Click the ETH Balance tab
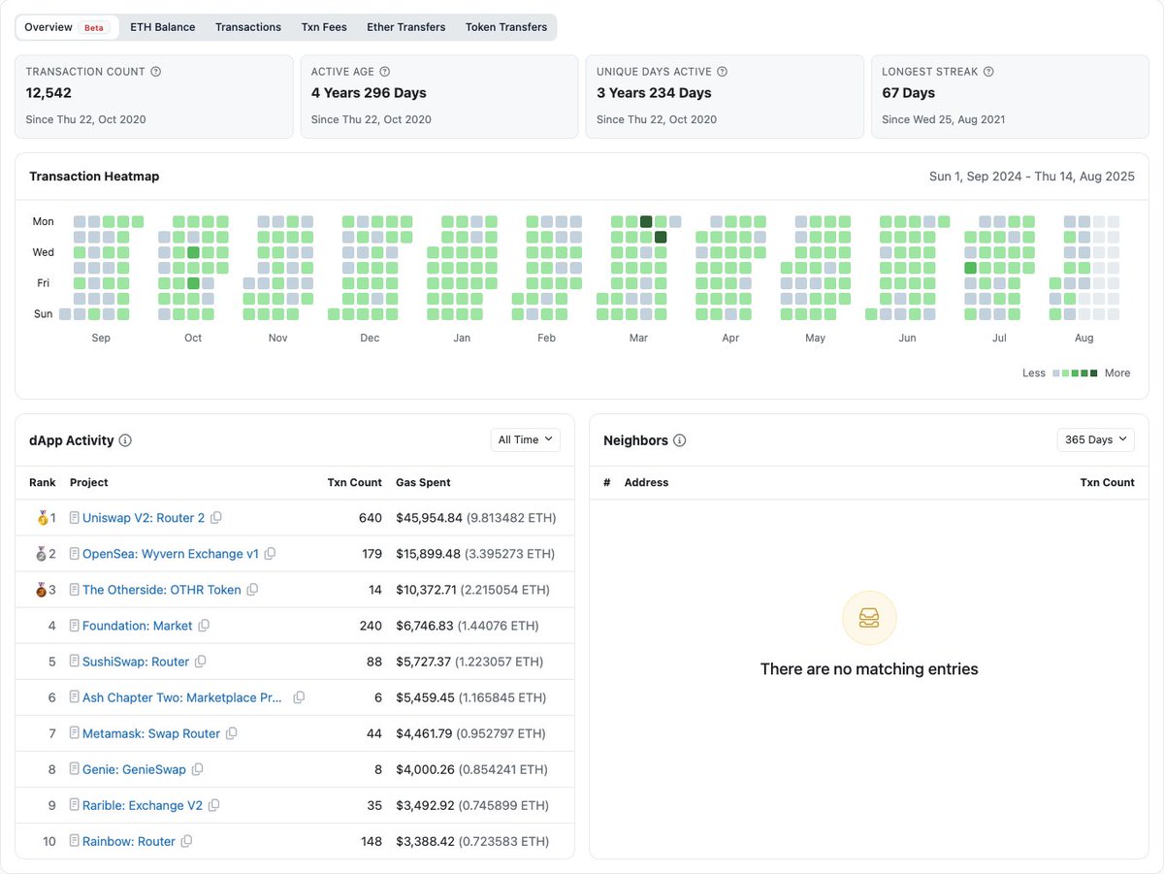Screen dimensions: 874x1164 coord(162,27)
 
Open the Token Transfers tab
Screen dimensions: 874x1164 coord(506,27)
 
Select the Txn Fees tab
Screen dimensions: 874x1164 coord(323,27)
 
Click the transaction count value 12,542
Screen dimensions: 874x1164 coord(48,93)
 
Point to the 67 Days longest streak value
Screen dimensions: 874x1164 coord(908,93)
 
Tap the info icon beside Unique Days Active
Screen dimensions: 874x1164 coord(722,72)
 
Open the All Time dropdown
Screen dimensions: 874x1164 coord(526,439)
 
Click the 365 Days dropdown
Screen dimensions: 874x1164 coord(1095,439)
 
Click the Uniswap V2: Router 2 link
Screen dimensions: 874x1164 coord(144,518)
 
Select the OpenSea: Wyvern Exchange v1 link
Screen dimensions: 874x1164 coord(171,554)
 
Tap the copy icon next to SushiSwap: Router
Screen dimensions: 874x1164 coord(201,662)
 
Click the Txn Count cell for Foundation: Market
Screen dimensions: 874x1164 coord(371,626)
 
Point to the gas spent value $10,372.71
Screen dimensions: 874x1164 coord(429,590)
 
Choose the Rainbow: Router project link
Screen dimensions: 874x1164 coord(129,841)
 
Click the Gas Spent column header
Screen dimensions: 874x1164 coord(423,482)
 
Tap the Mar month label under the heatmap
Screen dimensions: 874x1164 coord(638,338)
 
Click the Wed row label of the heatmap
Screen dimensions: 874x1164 coord(44,252)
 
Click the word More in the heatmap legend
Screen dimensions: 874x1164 coord(1117,372)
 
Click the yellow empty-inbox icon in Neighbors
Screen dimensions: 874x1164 coord(869,618)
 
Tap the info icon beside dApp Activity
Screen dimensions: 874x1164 coord(125,440)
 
